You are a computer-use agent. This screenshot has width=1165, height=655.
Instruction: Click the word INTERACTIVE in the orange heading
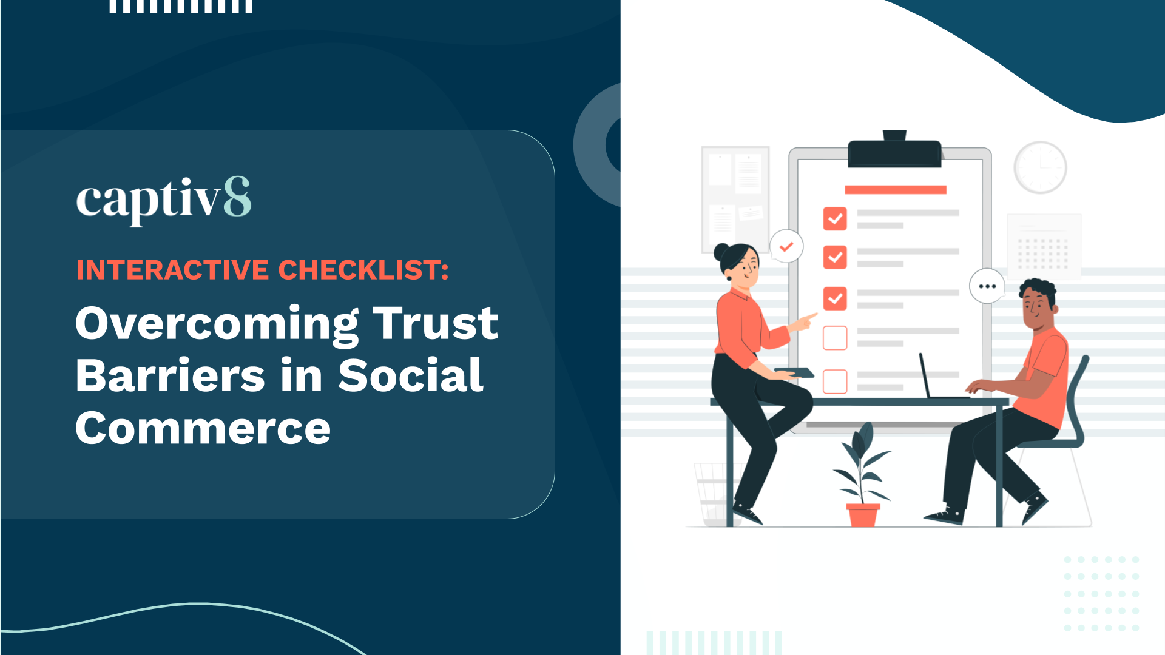tap(172, 270)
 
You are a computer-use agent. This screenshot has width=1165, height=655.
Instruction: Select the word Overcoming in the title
tap(217, 324)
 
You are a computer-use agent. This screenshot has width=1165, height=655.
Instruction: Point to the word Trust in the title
tap(435, 323)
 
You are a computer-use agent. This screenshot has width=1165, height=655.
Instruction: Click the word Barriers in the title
tap(171, 375)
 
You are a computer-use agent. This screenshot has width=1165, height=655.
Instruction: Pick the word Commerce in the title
tap(203, 428)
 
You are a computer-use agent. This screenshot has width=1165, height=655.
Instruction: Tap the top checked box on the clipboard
tap(835, 219)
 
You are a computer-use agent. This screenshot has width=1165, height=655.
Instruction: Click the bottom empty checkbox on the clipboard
tap(835, 381)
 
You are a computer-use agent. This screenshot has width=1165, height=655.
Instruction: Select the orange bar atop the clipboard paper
tap(896, 190)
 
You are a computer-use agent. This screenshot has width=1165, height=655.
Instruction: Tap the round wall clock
tap(1040, 167)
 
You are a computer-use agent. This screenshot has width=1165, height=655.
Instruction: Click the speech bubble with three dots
tap(987, 286)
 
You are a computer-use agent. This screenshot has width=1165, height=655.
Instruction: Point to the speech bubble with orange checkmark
tap(786, 246)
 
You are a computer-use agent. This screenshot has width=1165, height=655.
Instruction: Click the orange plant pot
tap(862, 515)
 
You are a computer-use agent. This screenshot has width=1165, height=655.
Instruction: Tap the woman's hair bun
tap(721, 251)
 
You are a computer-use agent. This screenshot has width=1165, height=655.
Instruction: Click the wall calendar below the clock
tap(1044, 246)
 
